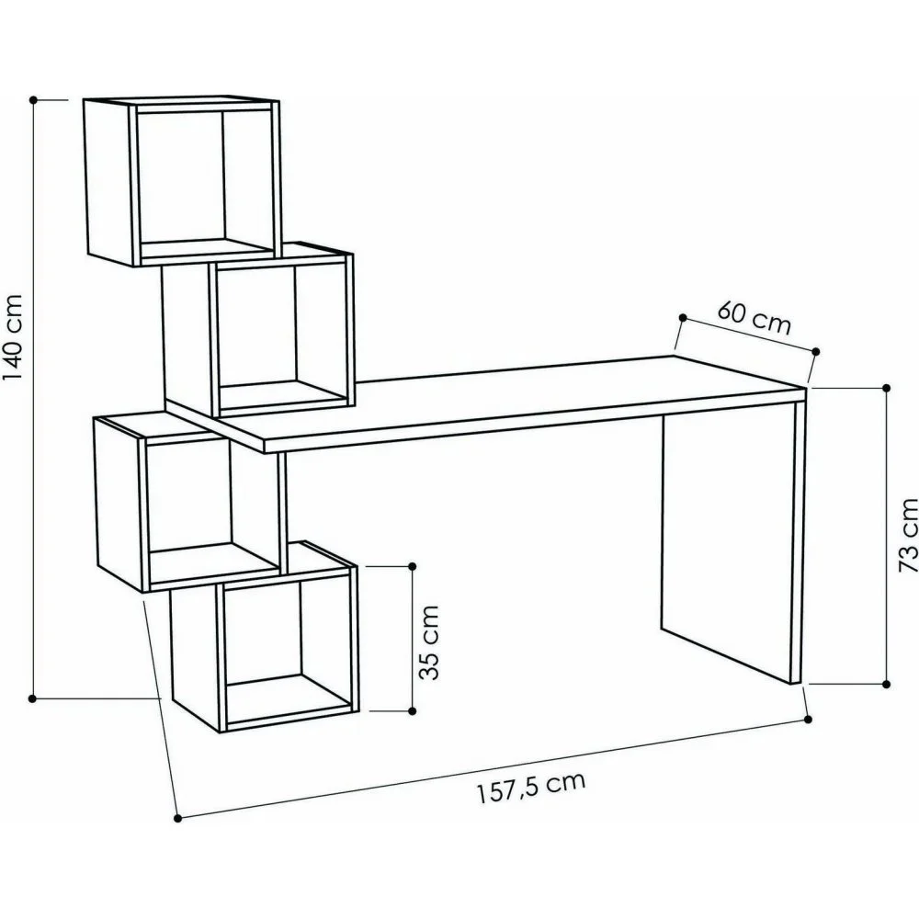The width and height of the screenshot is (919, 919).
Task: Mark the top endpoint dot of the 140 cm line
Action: (33, 98)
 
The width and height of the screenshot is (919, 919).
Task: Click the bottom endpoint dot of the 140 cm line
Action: (33, 699)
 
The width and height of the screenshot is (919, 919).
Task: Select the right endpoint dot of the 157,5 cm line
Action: (809, 720)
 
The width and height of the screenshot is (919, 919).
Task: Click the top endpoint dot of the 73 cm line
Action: (887, 388)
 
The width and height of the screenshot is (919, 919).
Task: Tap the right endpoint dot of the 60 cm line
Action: (816, 350)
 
